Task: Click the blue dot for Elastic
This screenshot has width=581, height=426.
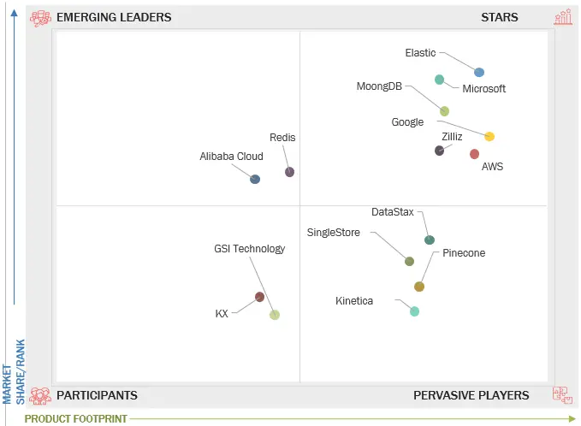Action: point(479,73)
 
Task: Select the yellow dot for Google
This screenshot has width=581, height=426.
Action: point(489,136)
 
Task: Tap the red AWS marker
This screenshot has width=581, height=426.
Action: point(474,154)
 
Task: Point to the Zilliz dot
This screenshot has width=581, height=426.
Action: point(439,151)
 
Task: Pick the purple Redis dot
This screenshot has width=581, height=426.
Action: point(289,172)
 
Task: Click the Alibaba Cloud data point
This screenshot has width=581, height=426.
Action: point(255,179)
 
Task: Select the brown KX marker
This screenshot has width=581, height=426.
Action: point(259,297)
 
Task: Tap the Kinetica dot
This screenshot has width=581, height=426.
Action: point(414,311)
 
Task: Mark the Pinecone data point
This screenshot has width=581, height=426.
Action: point(419,287)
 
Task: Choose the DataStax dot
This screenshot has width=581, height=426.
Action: point(430,240)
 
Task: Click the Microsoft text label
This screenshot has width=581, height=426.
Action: point(483,89)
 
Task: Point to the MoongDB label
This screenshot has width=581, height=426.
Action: point(379,86)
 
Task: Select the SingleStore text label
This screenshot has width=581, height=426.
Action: point(333,233)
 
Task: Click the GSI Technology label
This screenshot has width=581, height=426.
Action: point(249,249)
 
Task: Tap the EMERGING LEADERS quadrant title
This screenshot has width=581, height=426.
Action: point(114,17)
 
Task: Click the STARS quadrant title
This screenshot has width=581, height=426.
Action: point(499,17)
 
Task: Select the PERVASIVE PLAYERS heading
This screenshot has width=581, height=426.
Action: point(471,395)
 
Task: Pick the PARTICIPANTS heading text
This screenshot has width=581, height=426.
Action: point(97,395)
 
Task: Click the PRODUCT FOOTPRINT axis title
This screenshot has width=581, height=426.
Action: point(76,418)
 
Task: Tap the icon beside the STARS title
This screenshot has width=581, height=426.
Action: point(562,17)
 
